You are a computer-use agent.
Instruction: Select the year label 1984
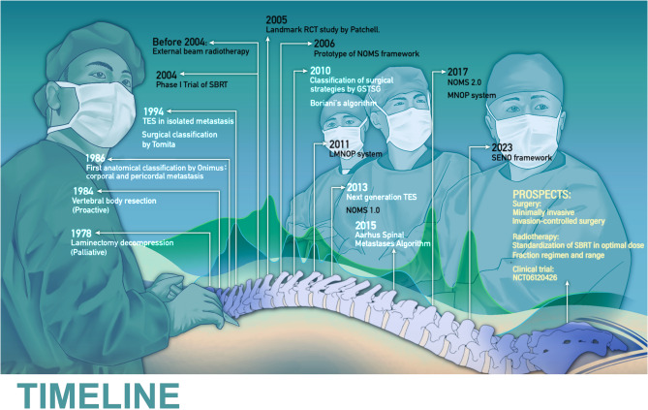(87, 190)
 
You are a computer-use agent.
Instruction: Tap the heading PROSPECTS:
(542, 194)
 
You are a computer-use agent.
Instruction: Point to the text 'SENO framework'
(523, 157)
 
